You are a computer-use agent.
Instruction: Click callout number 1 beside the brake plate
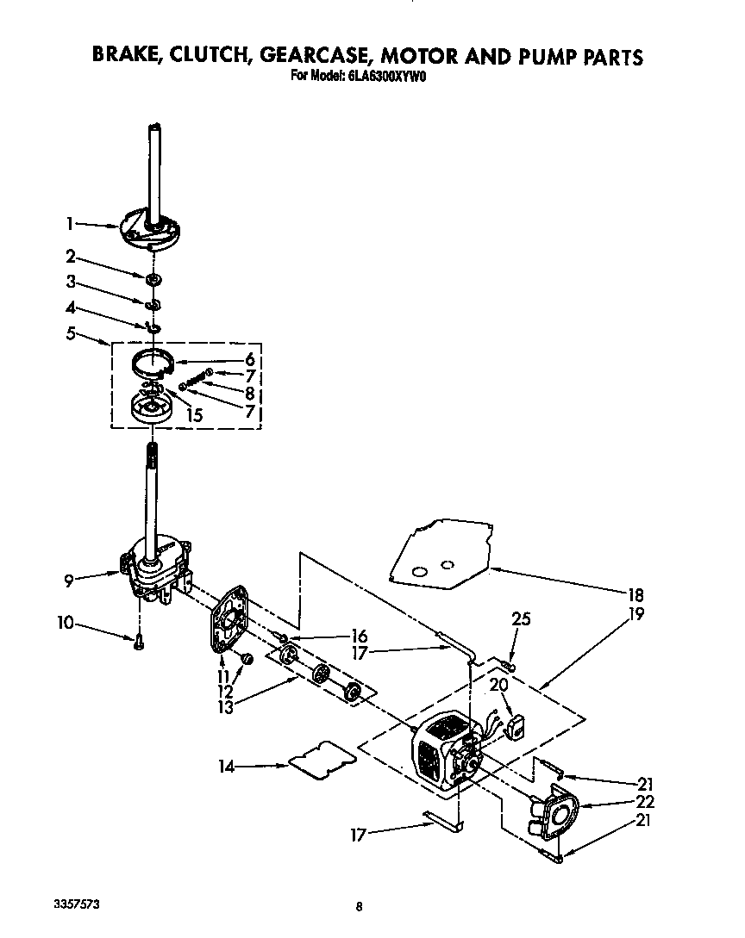pos(70,225)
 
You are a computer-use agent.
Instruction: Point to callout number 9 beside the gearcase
pos(68,581)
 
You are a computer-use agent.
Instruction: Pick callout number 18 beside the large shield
pos(636,595)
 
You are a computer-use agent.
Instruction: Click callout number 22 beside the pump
pos(642,802)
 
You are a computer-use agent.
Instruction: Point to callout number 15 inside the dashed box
pos(194,414)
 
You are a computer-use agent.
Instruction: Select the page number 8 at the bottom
pos(358,906)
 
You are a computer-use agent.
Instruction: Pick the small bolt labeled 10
pos(139,640)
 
